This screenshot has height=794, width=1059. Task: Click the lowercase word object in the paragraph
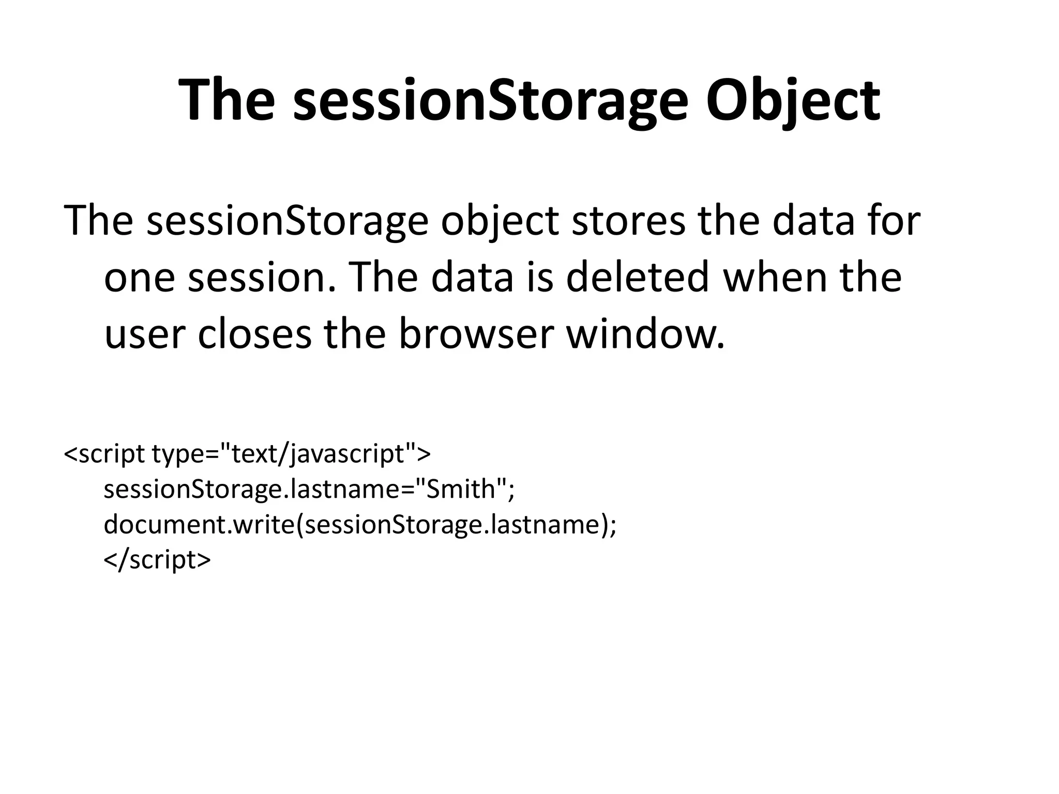[500, 221]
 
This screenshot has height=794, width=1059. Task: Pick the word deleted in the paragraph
[637, 277]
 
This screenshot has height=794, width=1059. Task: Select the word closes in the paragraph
[254, 334]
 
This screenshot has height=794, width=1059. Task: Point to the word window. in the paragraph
[646, 334]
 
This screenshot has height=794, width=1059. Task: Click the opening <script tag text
[104, 454]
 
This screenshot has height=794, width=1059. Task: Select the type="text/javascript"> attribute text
[291, 454]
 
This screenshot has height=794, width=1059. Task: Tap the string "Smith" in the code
[461, 488]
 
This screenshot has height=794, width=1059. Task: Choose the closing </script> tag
[157, 560]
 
